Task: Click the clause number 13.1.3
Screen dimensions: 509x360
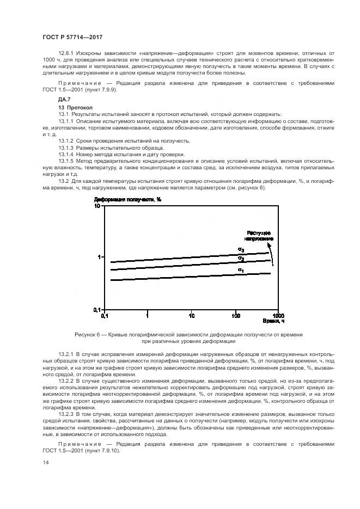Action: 66,148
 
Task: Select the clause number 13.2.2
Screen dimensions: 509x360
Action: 66,381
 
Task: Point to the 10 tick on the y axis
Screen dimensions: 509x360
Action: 97,206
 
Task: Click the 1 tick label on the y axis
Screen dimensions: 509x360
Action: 99,256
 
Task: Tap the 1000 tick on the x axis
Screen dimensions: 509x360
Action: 278,315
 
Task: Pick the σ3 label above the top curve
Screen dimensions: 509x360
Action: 240,249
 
